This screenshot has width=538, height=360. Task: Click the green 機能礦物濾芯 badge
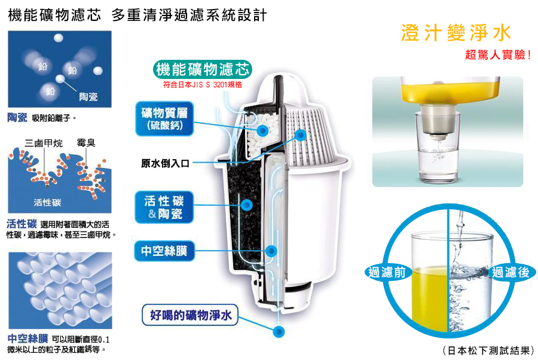point(203,69)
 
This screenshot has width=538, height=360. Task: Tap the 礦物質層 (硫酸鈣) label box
point(165,119)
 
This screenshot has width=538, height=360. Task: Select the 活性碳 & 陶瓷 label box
point(164,207)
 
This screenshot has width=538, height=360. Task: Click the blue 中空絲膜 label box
point(164,251)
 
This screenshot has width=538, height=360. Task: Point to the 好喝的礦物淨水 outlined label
point(190,315)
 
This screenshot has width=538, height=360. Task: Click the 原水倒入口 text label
point(165,163)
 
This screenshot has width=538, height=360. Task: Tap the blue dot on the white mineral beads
point(262,130)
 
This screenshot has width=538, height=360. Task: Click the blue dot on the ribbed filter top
point(300,135)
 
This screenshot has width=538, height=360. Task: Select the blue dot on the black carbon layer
point(246,205)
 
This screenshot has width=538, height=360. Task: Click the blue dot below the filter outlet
point(279,331)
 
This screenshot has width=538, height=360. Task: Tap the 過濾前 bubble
point(387,272)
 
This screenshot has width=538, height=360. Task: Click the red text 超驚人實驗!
point(498,54)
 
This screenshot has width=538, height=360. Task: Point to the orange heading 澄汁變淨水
point(456,33)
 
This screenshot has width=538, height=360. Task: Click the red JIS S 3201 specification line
point(203,84)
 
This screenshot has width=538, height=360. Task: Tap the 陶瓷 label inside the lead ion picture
point(88,97)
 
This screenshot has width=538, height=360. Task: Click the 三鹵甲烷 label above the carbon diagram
point(44,143)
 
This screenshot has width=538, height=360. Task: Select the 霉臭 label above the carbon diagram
point(86,143)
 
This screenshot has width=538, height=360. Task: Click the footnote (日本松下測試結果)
point(488,350)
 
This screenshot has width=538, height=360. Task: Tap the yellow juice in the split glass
point(430,299)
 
